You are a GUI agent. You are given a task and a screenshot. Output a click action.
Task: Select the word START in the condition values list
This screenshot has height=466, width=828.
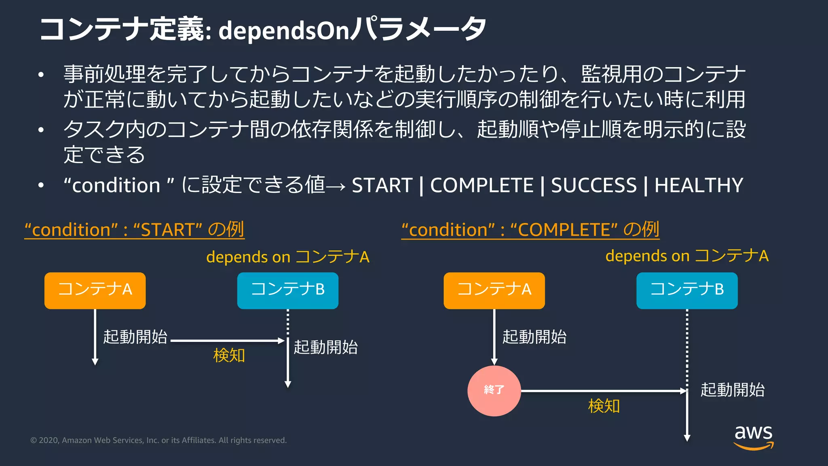(x=382, y=186)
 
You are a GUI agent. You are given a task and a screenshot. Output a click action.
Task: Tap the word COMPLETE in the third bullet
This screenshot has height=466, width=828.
(x=482, y=186)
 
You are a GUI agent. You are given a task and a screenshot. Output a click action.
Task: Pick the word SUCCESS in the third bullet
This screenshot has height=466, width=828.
(x=594, y=186)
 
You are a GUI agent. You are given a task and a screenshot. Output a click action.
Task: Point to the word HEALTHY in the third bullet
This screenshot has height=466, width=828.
(x=699, y=186)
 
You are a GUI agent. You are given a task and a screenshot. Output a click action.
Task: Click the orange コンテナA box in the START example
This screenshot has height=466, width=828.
(x=95, y=290)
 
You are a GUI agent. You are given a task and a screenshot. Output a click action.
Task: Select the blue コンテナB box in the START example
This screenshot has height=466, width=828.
(x=287, y=290)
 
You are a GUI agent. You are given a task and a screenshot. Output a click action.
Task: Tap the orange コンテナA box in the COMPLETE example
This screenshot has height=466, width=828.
(x=494, y=290)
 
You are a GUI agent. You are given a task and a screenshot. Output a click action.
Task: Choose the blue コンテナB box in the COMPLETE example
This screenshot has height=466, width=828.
(x=687, y=290)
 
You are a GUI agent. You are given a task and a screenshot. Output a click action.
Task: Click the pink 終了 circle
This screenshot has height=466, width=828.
(x=494, y=390)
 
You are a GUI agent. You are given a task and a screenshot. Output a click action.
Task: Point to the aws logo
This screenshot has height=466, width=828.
(x=753, y=436)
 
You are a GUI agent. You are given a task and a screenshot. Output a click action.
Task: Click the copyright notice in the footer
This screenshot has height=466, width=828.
(x=158, y=440)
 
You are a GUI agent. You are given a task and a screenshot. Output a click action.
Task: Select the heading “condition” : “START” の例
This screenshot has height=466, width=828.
(x=134, y=229)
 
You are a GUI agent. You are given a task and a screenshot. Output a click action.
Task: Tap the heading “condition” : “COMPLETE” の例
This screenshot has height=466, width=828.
(x=530, y=229)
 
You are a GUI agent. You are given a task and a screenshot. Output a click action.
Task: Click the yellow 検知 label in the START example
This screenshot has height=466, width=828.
(x=229, y=355)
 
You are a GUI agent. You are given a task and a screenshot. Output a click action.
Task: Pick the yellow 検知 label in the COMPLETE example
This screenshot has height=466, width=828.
(x=604, y=406)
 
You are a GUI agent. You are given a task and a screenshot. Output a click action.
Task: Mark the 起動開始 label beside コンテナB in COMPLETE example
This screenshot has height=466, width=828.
(x=732, y=390)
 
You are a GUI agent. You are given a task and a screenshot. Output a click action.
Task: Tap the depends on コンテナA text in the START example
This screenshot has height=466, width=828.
(x=287, y=257)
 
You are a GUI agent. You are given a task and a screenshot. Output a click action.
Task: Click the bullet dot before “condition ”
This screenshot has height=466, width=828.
(x=41, y=186)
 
